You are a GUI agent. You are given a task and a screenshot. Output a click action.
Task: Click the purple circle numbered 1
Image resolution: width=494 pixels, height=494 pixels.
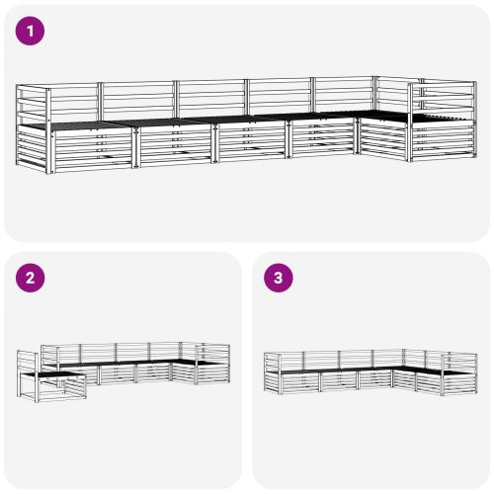pos(30,31)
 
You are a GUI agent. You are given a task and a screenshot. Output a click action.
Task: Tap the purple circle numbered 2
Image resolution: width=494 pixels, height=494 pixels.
pos(30,278)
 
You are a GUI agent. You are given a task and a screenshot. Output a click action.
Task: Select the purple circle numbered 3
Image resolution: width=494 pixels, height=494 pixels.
pos(279,278)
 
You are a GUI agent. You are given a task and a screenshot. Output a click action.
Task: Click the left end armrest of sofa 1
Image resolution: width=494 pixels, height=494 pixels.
pos(32,128)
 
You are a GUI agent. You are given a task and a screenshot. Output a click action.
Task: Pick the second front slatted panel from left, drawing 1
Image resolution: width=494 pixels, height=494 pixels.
pos(176,145)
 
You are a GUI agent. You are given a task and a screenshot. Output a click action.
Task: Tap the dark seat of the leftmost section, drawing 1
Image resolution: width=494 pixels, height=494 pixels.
pos(79,125)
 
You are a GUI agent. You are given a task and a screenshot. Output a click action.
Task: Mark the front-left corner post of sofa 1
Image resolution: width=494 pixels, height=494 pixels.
pos(49,131)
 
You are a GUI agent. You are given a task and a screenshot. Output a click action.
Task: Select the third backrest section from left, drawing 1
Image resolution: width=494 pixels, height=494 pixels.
pos(211,99)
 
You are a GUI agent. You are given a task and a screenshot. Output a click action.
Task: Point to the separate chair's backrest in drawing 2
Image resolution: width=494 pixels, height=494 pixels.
pos(28,363)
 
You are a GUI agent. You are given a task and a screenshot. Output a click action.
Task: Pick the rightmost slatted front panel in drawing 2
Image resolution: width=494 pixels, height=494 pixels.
pos(213,372)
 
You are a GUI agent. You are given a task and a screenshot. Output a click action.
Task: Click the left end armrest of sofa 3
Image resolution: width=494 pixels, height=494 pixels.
pos(272,372)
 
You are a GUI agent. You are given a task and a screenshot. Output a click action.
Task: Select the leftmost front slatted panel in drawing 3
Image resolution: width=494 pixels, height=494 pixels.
pos(300,382)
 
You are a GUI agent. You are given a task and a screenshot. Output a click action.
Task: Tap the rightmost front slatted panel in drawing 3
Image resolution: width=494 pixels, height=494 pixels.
pos(459,382)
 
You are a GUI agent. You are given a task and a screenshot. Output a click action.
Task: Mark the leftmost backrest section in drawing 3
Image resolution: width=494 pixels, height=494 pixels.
pos(291,362)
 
